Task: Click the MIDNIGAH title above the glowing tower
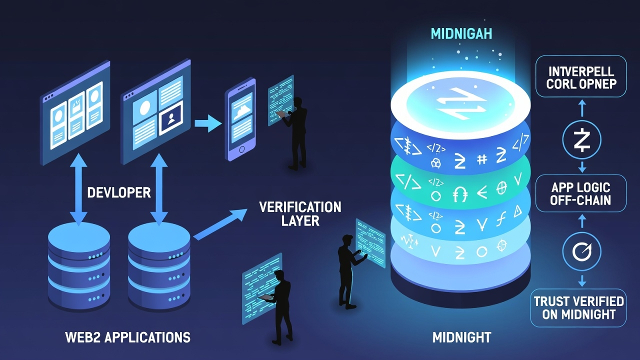461,34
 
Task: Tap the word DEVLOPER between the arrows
119,192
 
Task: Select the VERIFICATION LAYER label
300,213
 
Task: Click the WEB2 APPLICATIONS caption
128,337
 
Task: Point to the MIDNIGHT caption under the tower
461,337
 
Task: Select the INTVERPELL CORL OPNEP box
580,76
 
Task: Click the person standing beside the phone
297,132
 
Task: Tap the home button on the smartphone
243,149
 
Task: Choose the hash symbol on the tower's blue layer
482,159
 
